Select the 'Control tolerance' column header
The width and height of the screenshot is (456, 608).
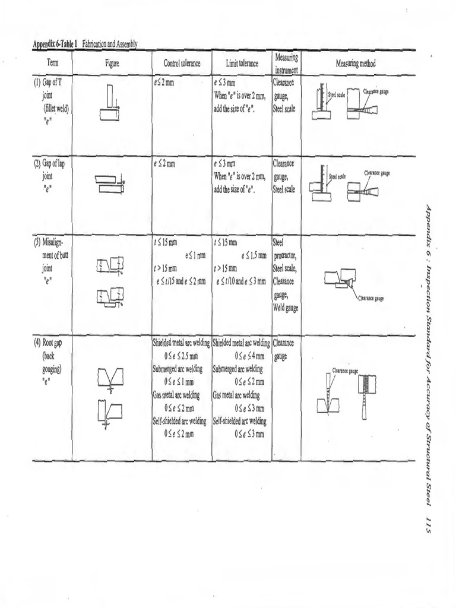[x=182, y=64]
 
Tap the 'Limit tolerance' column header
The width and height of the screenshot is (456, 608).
[x=242, y=64]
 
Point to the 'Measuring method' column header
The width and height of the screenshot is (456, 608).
[x=355, y=63]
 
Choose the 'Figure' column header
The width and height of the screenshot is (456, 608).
[x=112, y=64]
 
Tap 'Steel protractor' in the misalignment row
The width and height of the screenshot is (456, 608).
[x=285, y=251]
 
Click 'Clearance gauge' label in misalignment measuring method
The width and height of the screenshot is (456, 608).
[x=370, y=299]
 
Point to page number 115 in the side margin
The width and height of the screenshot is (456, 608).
[x=426, y=524]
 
